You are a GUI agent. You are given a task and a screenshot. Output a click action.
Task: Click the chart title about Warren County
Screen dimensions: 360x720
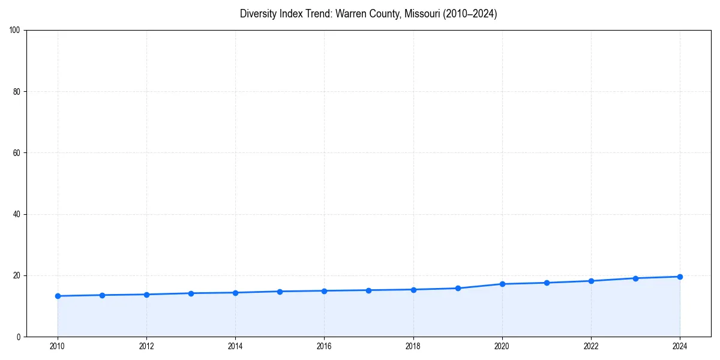[x=368, y=14]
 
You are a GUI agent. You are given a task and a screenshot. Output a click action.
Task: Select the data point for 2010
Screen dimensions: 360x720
[x=58, y=296]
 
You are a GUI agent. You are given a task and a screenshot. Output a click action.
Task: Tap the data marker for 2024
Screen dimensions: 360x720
[x=680, y=277]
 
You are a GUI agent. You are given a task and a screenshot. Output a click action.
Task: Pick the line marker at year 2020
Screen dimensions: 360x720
[x=502, y=284]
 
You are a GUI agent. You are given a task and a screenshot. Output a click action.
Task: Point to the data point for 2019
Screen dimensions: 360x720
[x=458, y=288]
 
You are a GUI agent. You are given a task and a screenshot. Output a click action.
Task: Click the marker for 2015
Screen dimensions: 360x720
[x=280, y=292]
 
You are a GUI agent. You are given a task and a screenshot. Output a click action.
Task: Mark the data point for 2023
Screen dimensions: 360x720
[x=635, y=278]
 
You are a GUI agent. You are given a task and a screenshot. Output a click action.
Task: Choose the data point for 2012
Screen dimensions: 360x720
[x=146, y=295]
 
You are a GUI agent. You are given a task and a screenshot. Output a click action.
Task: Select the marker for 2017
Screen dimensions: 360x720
[x=368, y=290]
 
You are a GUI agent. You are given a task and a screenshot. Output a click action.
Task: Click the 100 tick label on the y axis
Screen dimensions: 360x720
[x=15, y=30]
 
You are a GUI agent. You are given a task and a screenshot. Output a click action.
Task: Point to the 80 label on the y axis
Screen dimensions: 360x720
[x=17, y=92]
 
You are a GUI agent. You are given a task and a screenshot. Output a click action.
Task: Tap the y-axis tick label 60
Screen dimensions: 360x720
[x=17, y=153]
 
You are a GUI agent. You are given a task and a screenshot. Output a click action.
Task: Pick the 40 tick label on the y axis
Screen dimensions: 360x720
[x=17, y=214]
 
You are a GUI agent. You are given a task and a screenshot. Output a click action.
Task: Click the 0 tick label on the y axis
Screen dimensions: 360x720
[x=19, y=337]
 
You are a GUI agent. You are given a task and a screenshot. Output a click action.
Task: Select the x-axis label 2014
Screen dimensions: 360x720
[x=235, y=346]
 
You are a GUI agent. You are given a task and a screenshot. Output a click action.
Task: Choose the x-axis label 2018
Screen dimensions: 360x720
[x=413, y=346]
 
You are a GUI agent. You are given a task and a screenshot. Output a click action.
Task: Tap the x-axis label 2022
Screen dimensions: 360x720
[x=591, y=346]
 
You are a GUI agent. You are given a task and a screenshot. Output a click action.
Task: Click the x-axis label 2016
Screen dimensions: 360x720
[x=324, y=346]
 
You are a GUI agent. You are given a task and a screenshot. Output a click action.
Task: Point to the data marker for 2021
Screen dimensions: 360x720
[x=547, y=283]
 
